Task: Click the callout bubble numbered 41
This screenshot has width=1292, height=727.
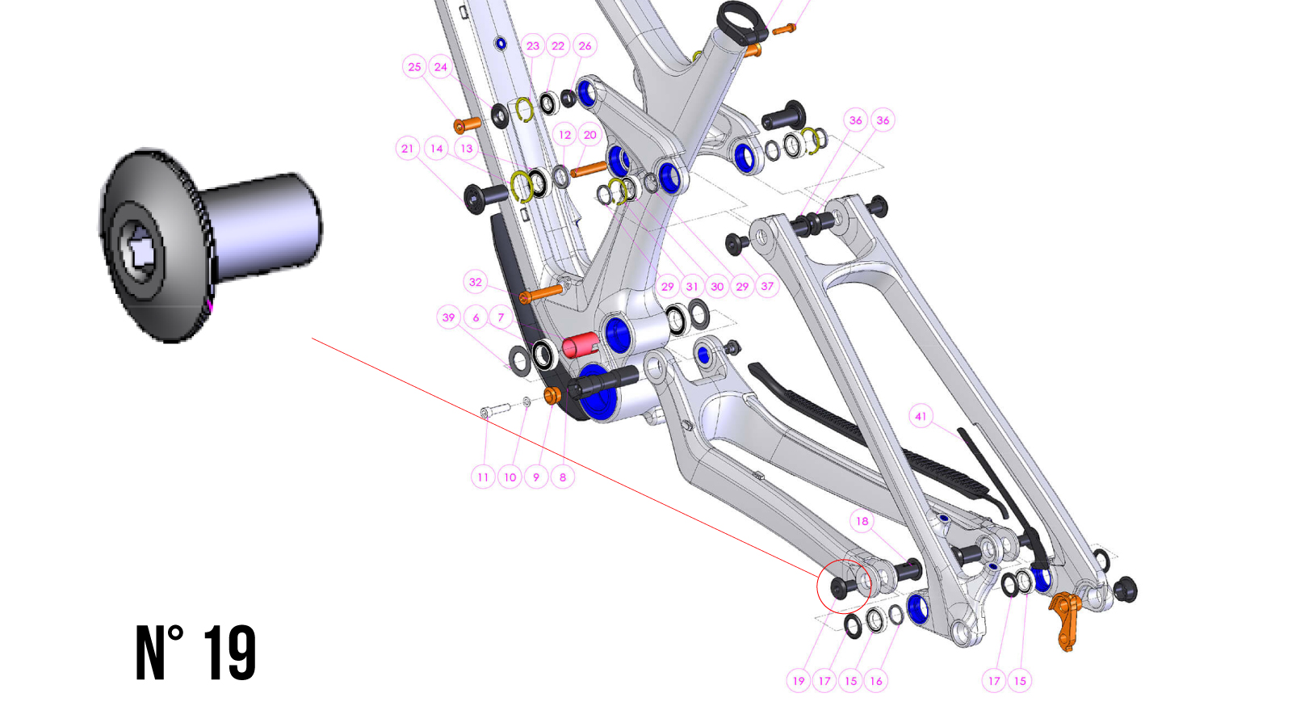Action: (x=921, y=416)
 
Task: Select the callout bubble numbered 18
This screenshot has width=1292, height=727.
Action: (x=862, y=521)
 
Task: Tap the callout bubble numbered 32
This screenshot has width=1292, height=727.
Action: (x=476, y=282)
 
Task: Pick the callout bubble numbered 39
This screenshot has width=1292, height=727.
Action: (x=448, y=317)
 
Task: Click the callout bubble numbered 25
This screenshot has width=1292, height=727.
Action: (x=414, y=67)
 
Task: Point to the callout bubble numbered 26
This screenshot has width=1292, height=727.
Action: (x=585, y=46)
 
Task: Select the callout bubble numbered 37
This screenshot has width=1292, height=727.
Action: (x=767, y=286)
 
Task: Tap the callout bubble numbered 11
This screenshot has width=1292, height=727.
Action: (x=483, y=477)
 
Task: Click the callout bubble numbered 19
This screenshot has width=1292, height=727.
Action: (x=799, y=681)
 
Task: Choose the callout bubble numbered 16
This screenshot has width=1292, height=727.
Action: (x=876, y=681)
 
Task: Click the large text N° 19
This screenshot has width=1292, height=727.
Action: (x=195, y=653)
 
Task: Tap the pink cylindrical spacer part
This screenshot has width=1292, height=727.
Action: (x=580, y=345)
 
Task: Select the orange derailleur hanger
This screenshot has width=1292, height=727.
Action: (x=1066, y=618)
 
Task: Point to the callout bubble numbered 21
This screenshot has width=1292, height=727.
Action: (x=408, y=149)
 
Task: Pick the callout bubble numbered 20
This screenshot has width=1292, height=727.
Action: (x=590, y=135)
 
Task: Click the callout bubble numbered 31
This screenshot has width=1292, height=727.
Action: (x=692, y=286)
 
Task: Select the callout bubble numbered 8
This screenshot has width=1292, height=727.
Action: (x=563, y=477)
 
